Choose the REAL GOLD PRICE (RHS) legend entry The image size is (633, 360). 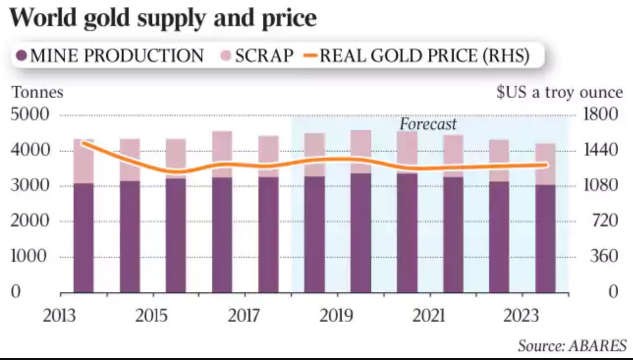(417, 56)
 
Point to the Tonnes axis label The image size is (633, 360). (38, 92)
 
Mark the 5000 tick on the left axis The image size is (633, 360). (30, 115)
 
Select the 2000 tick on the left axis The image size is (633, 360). (30, 221)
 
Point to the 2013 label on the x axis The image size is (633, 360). (60, 315)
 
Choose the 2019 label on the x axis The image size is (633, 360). (336, 315)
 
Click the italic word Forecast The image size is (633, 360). (428, 124)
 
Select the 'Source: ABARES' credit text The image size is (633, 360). (573, 346)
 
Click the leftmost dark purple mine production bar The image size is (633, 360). (83, 238)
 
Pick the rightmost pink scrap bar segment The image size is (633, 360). (545, 164)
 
